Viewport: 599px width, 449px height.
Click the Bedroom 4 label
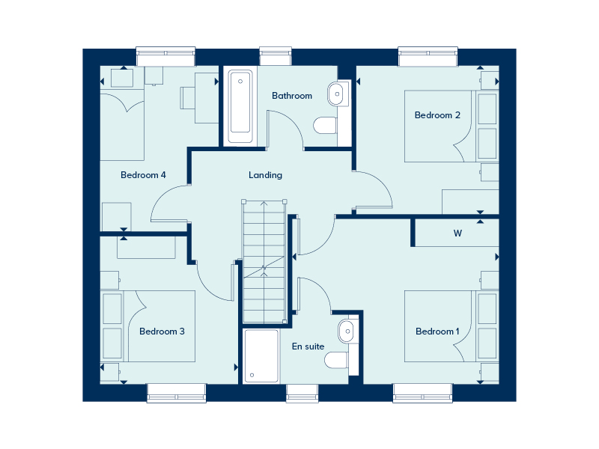(143, 175)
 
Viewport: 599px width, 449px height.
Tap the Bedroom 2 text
(437, 115)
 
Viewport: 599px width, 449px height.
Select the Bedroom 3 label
(162, 332)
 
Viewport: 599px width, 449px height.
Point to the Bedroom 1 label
(438, 332)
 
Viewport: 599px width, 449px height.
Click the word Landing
(266, 175)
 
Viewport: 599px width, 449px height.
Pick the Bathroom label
(292, 96)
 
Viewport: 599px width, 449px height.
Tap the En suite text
(308, 346)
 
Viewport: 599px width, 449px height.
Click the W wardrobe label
(457, 233)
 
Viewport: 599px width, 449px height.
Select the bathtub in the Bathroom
(240, 106)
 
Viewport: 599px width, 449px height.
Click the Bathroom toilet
(325, 125)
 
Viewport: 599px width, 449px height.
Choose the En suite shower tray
(261, 355)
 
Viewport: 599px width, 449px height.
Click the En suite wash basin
(347, 329)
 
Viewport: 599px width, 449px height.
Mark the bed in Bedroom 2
(438, 126)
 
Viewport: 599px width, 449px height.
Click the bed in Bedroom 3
(163, 326)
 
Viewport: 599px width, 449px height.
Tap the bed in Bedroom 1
(439, 326)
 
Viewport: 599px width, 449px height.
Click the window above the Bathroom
(275, 56)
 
